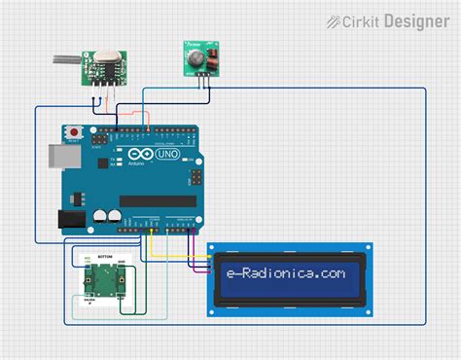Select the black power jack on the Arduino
coord(69,220)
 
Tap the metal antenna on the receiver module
coord(63,61)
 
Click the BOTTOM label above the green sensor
coord(104,256)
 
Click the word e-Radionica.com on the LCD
coord(282,274)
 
